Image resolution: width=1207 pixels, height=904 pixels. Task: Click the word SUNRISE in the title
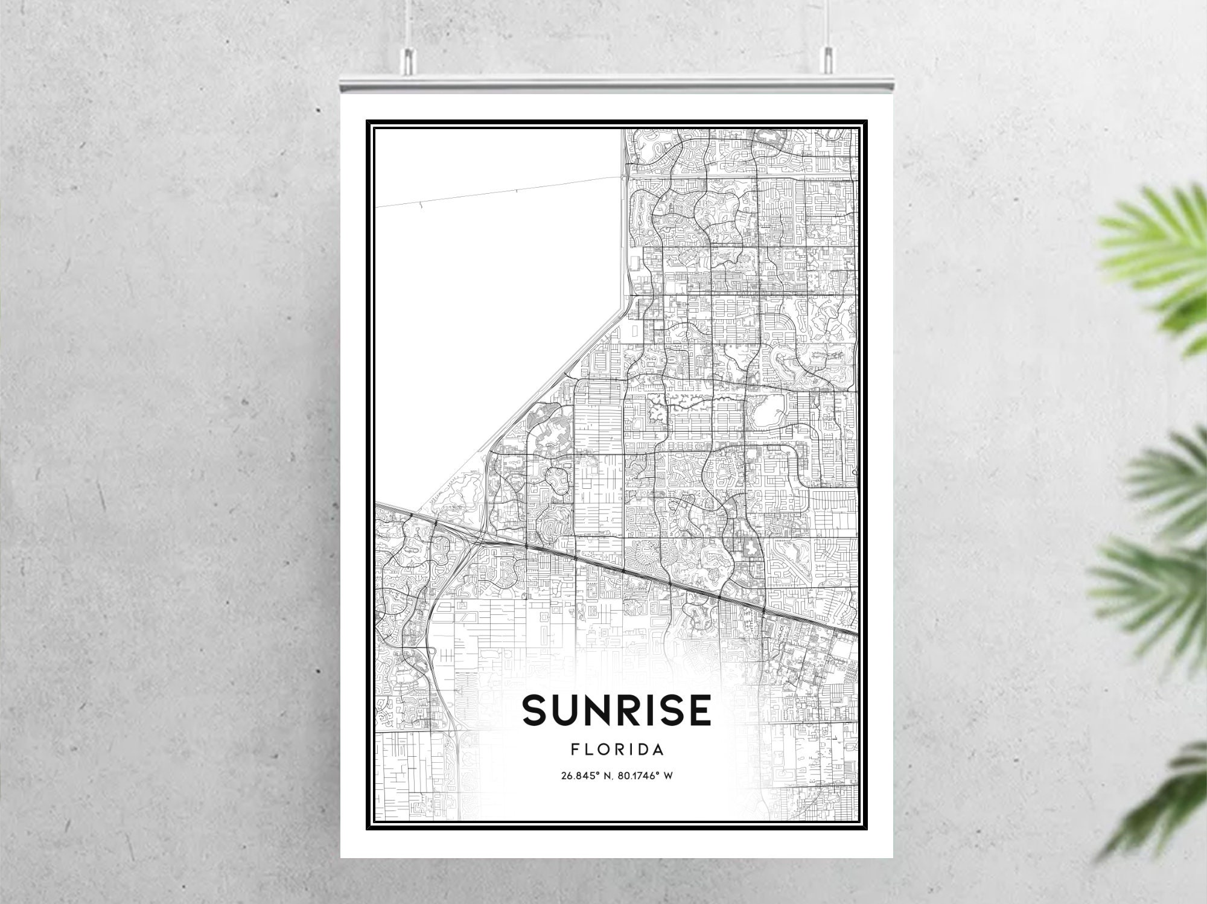[617, 710]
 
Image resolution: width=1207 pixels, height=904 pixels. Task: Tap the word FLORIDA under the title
[617, 750]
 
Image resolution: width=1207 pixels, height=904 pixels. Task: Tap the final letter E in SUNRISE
[699, 710]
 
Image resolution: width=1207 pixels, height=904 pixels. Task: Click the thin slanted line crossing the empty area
[501, 192]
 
